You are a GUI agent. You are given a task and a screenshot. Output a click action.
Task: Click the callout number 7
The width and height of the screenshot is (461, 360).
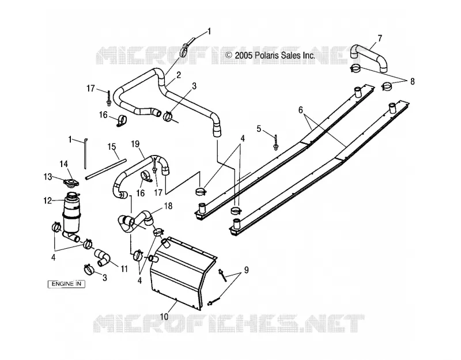(380, 39)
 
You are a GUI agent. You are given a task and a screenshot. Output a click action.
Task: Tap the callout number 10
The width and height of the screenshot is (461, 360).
(164, 316)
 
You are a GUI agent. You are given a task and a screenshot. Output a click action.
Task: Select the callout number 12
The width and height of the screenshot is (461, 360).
(48, 200)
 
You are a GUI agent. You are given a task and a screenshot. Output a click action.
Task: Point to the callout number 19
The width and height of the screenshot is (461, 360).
(135, 144)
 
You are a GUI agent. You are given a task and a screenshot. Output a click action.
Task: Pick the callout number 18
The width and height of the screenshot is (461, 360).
(168, 206)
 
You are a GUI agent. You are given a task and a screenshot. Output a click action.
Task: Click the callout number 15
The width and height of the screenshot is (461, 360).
(112, 147)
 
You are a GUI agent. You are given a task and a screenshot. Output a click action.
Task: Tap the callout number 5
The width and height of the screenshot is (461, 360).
(259, 128)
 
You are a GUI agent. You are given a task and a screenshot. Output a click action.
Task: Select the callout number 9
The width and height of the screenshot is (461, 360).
(247, 270)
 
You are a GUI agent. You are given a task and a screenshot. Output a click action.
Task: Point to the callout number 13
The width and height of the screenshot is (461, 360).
(48, 177)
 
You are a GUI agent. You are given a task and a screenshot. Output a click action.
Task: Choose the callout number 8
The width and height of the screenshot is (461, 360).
(412, 81)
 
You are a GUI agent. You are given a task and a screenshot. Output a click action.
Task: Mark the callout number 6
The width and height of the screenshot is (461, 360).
(300, 110)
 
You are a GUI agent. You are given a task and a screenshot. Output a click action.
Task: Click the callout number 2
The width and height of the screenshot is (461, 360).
(179, 75)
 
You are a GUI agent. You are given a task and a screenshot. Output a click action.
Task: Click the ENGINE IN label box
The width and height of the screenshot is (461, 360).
(66, 284)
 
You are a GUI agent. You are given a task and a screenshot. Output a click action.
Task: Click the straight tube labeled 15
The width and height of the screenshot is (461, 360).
(105, 169)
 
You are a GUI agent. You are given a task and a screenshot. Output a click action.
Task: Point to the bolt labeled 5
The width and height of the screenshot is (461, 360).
(276, 142)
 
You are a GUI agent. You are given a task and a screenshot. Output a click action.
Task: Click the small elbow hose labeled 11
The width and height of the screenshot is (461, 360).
(103, 257)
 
